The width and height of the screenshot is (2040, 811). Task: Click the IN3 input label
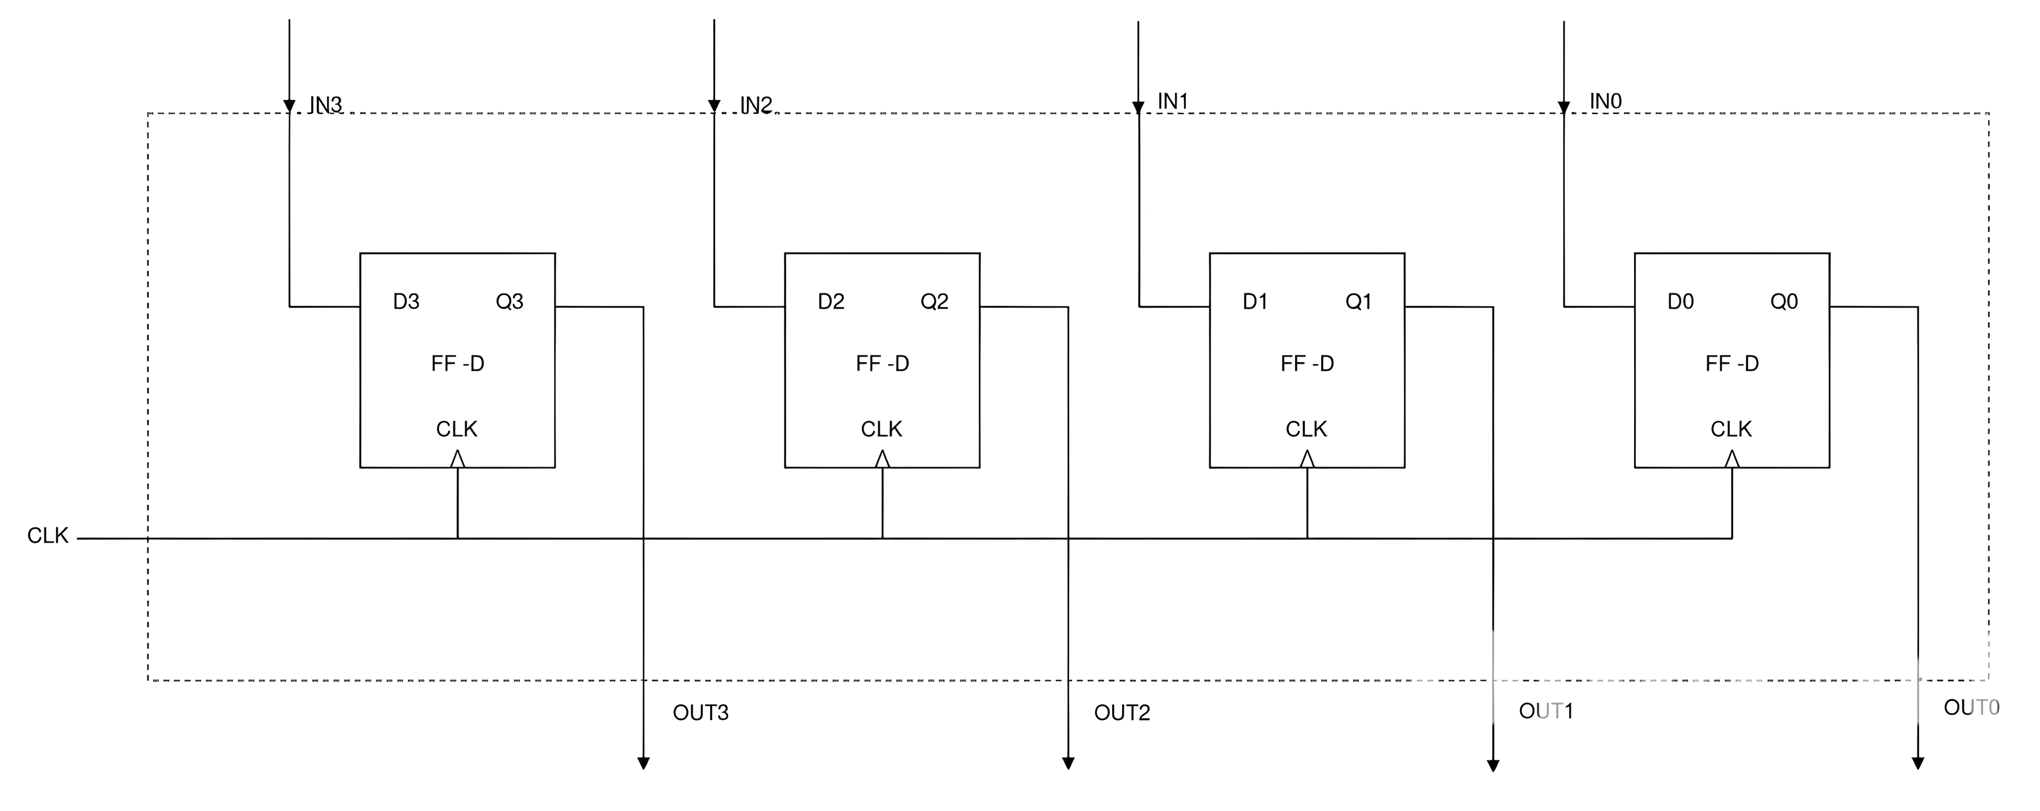(x=326, y=106)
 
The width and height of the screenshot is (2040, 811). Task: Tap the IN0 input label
(x=1605, y=102)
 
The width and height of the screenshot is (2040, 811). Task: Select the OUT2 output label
(x=1122, y=713)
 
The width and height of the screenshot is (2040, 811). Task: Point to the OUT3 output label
(x=700, y=713)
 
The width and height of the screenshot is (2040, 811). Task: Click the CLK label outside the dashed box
(x=47, y=536)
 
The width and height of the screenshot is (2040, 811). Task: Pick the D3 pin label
(x=406, y=302)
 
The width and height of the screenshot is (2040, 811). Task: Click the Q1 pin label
(x=1358, y=302)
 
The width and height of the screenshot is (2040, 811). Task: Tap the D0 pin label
(x=1680, y=302)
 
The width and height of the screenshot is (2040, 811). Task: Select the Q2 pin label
(x=934, y=302)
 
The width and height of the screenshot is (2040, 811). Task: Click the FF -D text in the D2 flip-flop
(x=882, y=363)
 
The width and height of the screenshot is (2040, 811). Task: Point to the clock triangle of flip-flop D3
(x=458, y=460)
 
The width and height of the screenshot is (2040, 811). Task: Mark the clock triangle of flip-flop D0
(x=1732, y=460)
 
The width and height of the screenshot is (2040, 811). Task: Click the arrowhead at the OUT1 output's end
(x=1493, y=765)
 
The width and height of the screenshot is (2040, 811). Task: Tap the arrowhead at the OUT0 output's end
(x=1917, y=764)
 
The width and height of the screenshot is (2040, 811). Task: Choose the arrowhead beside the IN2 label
(x=714, y=106)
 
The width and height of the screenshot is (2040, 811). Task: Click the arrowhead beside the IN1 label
(x=1139, y=108)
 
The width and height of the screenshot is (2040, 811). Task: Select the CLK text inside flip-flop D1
(x=1306, y=429)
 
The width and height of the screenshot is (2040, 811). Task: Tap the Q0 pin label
(x=1784, y=302)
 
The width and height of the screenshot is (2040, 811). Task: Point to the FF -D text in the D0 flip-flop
(x=1732, y=363)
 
